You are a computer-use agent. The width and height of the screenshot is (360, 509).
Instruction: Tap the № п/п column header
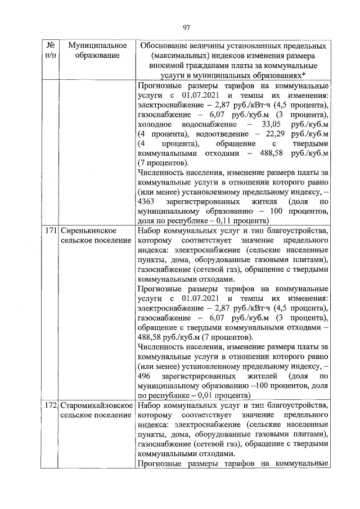point(51,50)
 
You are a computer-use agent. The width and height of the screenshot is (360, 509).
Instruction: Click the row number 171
point(51,231)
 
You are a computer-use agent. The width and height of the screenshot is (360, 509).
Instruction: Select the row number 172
point(51,405)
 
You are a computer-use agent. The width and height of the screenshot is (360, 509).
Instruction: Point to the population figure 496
point(144,375)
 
